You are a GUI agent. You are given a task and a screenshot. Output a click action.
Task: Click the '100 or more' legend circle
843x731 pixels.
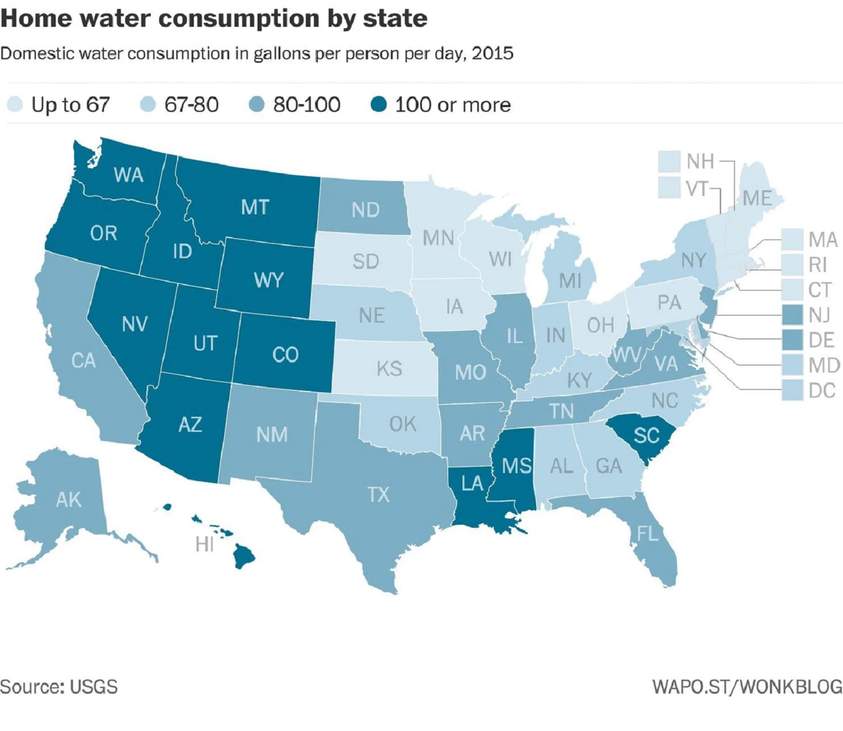378,105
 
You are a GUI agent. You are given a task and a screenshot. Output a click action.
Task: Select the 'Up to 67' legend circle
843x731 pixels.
15,105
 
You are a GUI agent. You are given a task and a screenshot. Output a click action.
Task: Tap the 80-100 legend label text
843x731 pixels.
306,105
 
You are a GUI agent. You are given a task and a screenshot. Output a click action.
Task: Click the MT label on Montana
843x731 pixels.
255,207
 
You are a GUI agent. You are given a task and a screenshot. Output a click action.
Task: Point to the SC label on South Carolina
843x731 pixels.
646,435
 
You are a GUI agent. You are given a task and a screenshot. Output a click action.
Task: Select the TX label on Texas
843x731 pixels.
378,494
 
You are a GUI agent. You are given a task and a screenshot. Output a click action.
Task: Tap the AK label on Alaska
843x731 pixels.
68,499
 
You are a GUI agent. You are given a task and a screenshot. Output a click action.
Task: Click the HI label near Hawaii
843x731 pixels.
204,545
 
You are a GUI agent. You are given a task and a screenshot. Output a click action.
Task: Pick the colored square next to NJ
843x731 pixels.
792,315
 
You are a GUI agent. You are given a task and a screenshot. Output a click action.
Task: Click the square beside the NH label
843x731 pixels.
669,162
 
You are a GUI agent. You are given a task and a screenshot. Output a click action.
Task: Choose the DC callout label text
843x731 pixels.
822,391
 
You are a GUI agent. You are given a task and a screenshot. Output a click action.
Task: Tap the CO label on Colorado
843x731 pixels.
285,355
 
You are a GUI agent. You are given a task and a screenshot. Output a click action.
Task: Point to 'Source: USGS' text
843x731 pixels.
59,687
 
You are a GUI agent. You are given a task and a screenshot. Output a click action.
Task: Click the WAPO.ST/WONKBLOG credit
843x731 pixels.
747,687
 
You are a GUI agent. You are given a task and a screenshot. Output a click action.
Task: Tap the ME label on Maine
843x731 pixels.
757,198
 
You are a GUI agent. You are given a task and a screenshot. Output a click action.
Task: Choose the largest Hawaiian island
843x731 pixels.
244,556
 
